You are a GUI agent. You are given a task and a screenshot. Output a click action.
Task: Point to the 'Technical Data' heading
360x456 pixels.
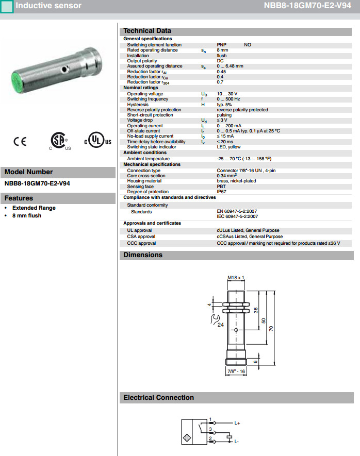[147, 31]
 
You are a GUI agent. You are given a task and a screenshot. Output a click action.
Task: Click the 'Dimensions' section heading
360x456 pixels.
[143, 255]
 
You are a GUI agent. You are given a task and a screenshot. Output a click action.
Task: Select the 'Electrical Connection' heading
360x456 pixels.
[158, 398]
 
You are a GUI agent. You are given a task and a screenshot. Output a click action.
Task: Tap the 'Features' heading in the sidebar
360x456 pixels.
[19, 198]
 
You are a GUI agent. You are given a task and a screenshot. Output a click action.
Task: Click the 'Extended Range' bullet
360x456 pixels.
[34, 208]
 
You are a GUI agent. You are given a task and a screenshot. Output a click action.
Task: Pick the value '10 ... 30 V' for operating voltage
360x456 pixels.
[228, 94]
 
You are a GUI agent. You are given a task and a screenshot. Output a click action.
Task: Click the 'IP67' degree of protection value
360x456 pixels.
[221, 192]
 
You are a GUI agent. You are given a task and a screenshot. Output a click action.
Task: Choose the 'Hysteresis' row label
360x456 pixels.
[138, 105]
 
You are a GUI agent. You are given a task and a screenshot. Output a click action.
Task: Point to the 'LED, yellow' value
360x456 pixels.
[228, 147]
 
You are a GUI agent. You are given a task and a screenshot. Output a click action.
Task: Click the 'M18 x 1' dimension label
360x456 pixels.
[236, 278]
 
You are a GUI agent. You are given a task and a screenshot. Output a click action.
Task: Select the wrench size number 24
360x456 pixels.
[220, 325]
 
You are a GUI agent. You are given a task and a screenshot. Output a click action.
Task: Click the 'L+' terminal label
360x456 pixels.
[237, 423]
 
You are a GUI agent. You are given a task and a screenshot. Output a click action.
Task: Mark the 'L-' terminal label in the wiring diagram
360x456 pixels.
[236, 442]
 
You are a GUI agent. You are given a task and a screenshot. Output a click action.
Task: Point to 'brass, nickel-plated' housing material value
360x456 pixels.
[236, 181]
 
